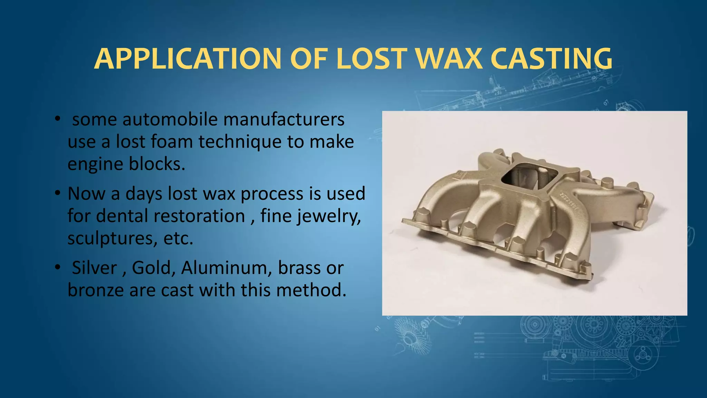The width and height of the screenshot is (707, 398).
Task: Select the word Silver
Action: (94, 268)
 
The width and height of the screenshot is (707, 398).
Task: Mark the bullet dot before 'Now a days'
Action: (57, 193)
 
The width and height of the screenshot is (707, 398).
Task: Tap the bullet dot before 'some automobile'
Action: (57, 119)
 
